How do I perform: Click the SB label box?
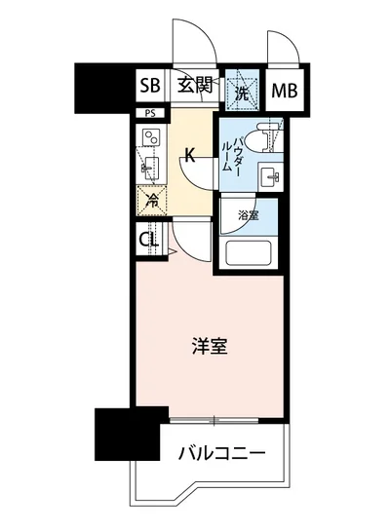coord(149,85)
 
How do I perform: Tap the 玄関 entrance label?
coord(194,85)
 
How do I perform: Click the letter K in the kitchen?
coord(192,154)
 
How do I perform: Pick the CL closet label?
coord(149,240)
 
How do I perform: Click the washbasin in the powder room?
coord(269,176)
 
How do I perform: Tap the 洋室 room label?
coord(210,346)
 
